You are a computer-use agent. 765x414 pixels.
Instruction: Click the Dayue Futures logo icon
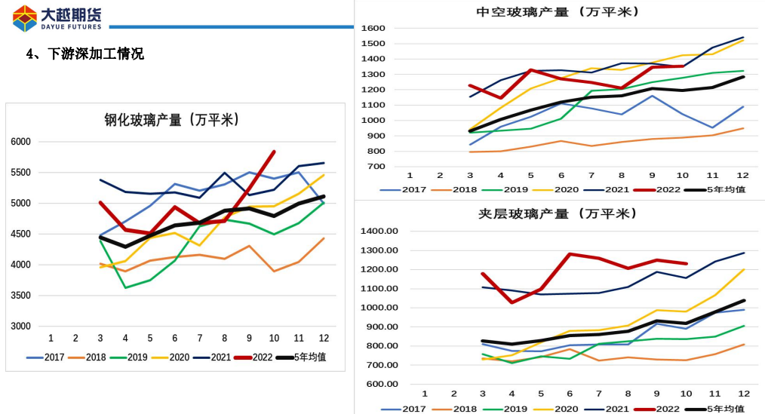click(x=24, y=18)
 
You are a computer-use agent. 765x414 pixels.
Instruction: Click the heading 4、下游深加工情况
click(x=84, y=54)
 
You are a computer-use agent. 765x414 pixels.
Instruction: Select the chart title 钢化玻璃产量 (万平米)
click(x=172, y=120)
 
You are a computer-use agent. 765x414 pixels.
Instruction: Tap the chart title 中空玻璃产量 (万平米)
click(x=558, y=12)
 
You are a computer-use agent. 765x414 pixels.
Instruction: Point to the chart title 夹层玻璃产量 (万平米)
click(x=558, y=213)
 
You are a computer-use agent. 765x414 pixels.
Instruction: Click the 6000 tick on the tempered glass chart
click(x=20, y=142)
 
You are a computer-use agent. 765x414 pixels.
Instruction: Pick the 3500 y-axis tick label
click(x=20, y=296)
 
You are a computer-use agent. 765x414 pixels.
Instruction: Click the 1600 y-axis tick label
click(x=373, y=29)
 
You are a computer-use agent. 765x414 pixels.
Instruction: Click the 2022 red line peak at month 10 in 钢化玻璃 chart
click(x=273, y=152)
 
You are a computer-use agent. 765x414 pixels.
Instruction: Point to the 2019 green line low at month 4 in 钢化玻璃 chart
click(x=125, y=287)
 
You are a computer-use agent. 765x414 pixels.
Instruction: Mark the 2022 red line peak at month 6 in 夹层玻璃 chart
click(x=570, y=254)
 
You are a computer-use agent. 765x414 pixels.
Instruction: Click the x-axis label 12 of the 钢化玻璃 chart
click(x=323, y=337)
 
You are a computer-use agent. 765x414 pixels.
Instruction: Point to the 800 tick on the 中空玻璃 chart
click(x=376, y=152)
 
